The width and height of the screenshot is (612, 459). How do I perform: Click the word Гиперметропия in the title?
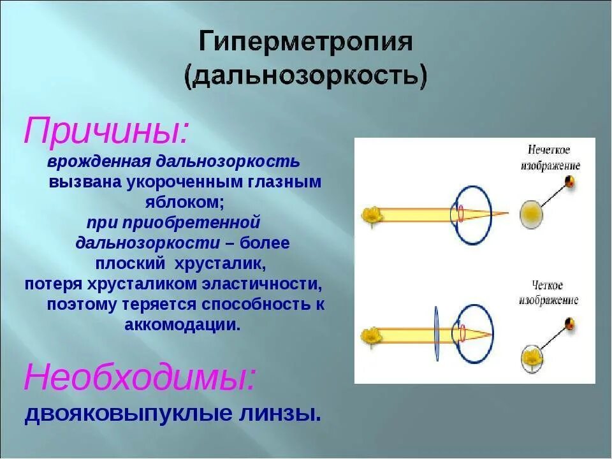point(306,43)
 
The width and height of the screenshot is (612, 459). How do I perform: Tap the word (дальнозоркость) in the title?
point(306,76)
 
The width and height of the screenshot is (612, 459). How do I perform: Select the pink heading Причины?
point(106,131)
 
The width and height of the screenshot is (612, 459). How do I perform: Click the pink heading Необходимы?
point(140,379)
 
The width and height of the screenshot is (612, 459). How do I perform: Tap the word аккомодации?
point(183,324)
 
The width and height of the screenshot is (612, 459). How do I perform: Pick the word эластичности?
point(267,284)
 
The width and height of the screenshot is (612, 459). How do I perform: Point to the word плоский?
point(126,263)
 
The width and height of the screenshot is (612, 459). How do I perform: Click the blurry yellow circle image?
point(530,215)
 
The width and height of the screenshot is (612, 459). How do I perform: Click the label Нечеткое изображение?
point(549,157)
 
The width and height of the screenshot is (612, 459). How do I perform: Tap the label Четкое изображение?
point(549,293)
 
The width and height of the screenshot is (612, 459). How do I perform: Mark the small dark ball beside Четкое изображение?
point(571,324)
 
